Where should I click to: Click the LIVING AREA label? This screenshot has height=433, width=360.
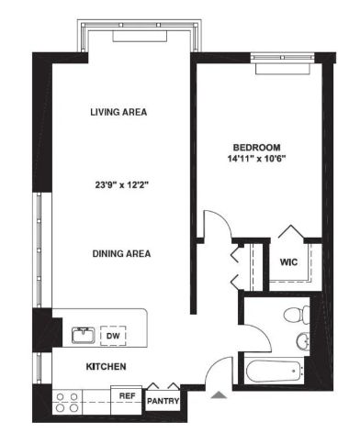point(118,112)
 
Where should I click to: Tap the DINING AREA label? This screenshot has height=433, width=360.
point(121,253)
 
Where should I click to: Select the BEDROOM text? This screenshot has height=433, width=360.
point(256,148)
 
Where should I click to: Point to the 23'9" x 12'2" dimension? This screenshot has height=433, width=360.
point(121,185)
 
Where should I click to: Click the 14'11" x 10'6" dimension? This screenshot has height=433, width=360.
point(256,159)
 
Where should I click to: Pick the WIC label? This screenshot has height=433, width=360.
point(288,262)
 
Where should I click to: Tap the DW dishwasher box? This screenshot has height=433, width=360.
point(113,336)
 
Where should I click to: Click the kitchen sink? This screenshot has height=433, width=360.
point(84,335)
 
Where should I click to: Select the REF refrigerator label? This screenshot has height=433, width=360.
point(127,396)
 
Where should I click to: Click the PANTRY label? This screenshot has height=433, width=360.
point(163,401)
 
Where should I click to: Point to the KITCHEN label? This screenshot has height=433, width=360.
point(106,367)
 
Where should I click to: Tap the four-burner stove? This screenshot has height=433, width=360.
point(67,402)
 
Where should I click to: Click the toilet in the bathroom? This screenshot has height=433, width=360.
point(297,314)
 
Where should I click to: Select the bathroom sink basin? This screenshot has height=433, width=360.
point(303,340)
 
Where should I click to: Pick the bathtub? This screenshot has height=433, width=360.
point(274,372)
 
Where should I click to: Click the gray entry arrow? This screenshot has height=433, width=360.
point(219,394)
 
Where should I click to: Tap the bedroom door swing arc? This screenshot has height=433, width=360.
point(226,219)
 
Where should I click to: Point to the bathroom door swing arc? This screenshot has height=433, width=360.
point(264,334)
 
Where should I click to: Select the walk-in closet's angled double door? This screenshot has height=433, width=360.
point(290,231)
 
